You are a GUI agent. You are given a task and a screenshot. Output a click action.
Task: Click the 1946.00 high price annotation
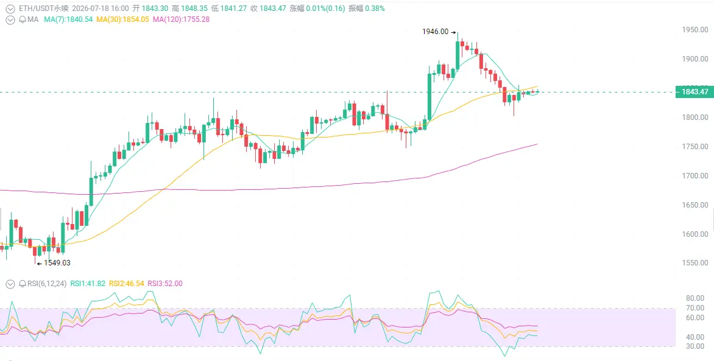pos(436,32)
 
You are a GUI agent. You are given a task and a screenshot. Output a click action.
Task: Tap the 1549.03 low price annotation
pos(57,262)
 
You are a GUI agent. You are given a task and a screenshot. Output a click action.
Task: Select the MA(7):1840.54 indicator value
pos(68,19)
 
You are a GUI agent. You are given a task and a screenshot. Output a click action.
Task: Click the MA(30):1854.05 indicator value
pos(122,19)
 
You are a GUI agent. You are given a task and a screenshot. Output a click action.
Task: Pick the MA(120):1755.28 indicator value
pos(181,19)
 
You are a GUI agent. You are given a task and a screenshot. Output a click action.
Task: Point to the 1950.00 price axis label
pos(695,30)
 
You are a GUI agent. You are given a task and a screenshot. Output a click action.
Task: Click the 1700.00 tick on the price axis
pos(695,176)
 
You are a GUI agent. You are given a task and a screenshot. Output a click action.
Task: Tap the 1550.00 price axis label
pos(695,263)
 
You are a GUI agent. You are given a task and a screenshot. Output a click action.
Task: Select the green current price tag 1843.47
pos(695,92)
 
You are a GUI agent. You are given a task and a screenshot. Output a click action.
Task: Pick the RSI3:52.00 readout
pos(164,283)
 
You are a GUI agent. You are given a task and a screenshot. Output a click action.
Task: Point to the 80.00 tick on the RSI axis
pos(695,298)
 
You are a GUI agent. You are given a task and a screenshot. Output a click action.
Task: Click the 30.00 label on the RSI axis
pos(695,346)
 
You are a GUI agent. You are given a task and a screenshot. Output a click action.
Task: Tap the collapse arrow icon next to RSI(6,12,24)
pos(10,284)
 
